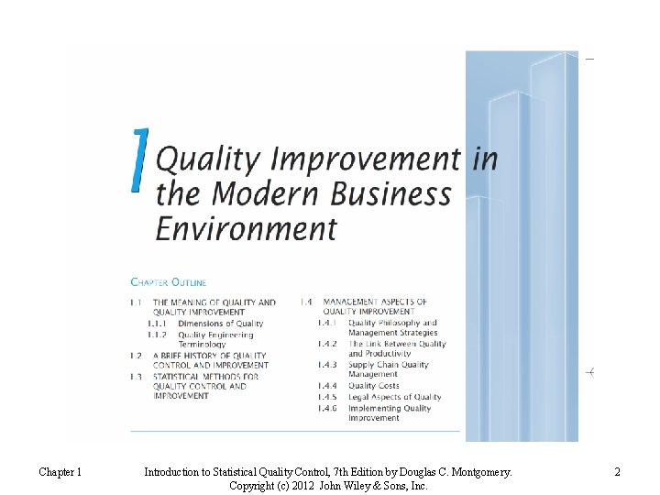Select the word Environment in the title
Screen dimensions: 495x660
[247, 226]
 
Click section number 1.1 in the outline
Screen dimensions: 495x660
[135, 302]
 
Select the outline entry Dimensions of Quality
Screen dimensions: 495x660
[220, 324]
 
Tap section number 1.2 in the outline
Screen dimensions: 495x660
[135, 355]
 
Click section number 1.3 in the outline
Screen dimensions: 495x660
[135, 376]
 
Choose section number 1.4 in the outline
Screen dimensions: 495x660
[306, 302]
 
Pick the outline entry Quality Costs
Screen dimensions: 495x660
[373, 386]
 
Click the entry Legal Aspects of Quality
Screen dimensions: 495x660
[394, 397]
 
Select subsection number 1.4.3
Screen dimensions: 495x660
[327, 365]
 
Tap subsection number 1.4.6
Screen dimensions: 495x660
[327, 408]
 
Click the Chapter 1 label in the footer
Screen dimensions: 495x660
[60, 472]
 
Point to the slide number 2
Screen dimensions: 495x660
[617, 472]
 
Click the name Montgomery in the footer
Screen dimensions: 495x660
[478, 472]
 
